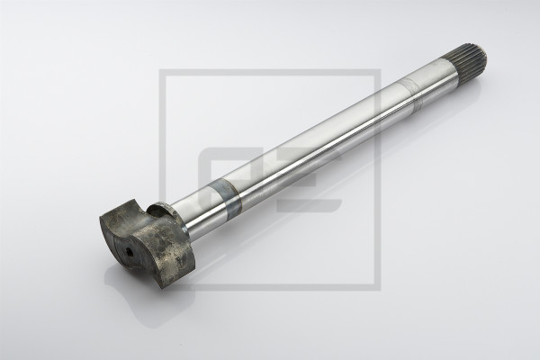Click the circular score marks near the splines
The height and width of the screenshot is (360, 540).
tap(413, 94)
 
